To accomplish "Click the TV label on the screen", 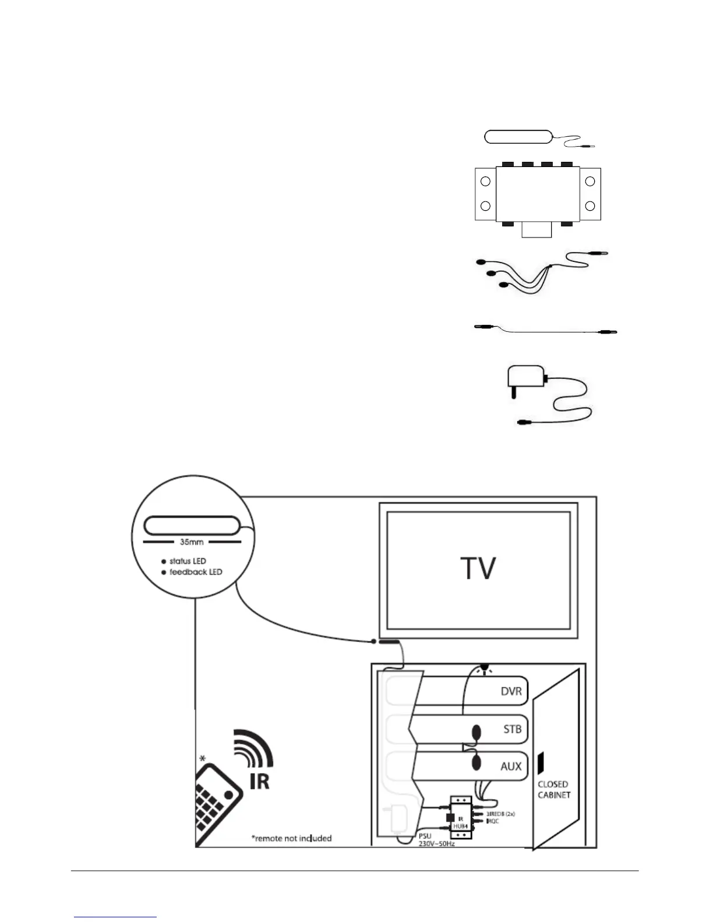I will (x=478, y=569).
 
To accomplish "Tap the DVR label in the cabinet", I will (x=511, y=692).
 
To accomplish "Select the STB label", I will (x=512, y=729).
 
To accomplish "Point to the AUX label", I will (x=511, y=767).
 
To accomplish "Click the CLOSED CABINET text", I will (x=553, y=789).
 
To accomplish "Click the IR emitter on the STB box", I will (x=476, y=732).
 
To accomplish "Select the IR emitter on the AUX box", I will (x=475, y=762).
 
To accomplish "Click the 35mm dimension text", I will (x=192, y=542).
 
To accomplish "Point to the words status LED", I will (x=187, y=561).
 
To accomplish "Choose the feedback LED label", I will (x=195, y=572).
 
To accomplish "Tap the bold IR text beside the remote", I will (x=260, y=781).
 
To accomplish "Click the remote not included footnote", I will (x=291, y=838).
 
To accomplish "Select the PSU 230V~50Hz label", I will (x=436, y=840).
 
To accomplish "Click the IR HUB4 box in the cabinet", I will (x=460, y=817).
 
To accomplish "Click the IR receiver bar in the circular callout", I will (x=192, y=526).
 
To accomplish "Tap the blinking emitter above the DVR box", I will (x=483, y=668).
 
